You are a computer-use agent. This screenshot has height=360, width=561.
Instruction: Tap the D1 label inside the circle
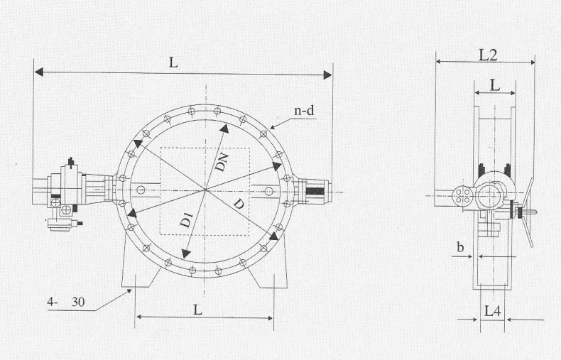(x=187, y=219)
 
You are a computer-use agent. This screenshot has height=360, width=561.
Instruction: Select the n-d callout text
(x=304, y=111)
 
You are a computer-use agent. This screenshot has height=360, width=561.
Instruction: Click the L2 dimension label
(x=488, y=55)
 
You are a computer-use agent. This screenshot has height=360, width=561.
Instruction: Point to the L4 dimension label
(x=492, y=311)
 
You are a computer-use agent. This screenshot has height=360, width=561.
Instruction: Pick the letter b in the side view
(x=460, y=247)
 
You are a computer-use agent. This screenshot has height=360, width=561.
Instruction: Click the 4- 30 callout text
(x=66, y=302)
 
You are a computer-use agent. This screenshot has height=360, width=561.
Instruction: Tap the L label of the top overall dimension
(x=173, y=62)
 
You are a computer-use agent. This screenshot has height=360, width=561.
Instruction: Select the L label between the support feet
(x=197, y=310)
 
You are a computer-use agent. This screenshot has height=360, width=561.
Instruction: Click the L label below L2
(x=494, y=85)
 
